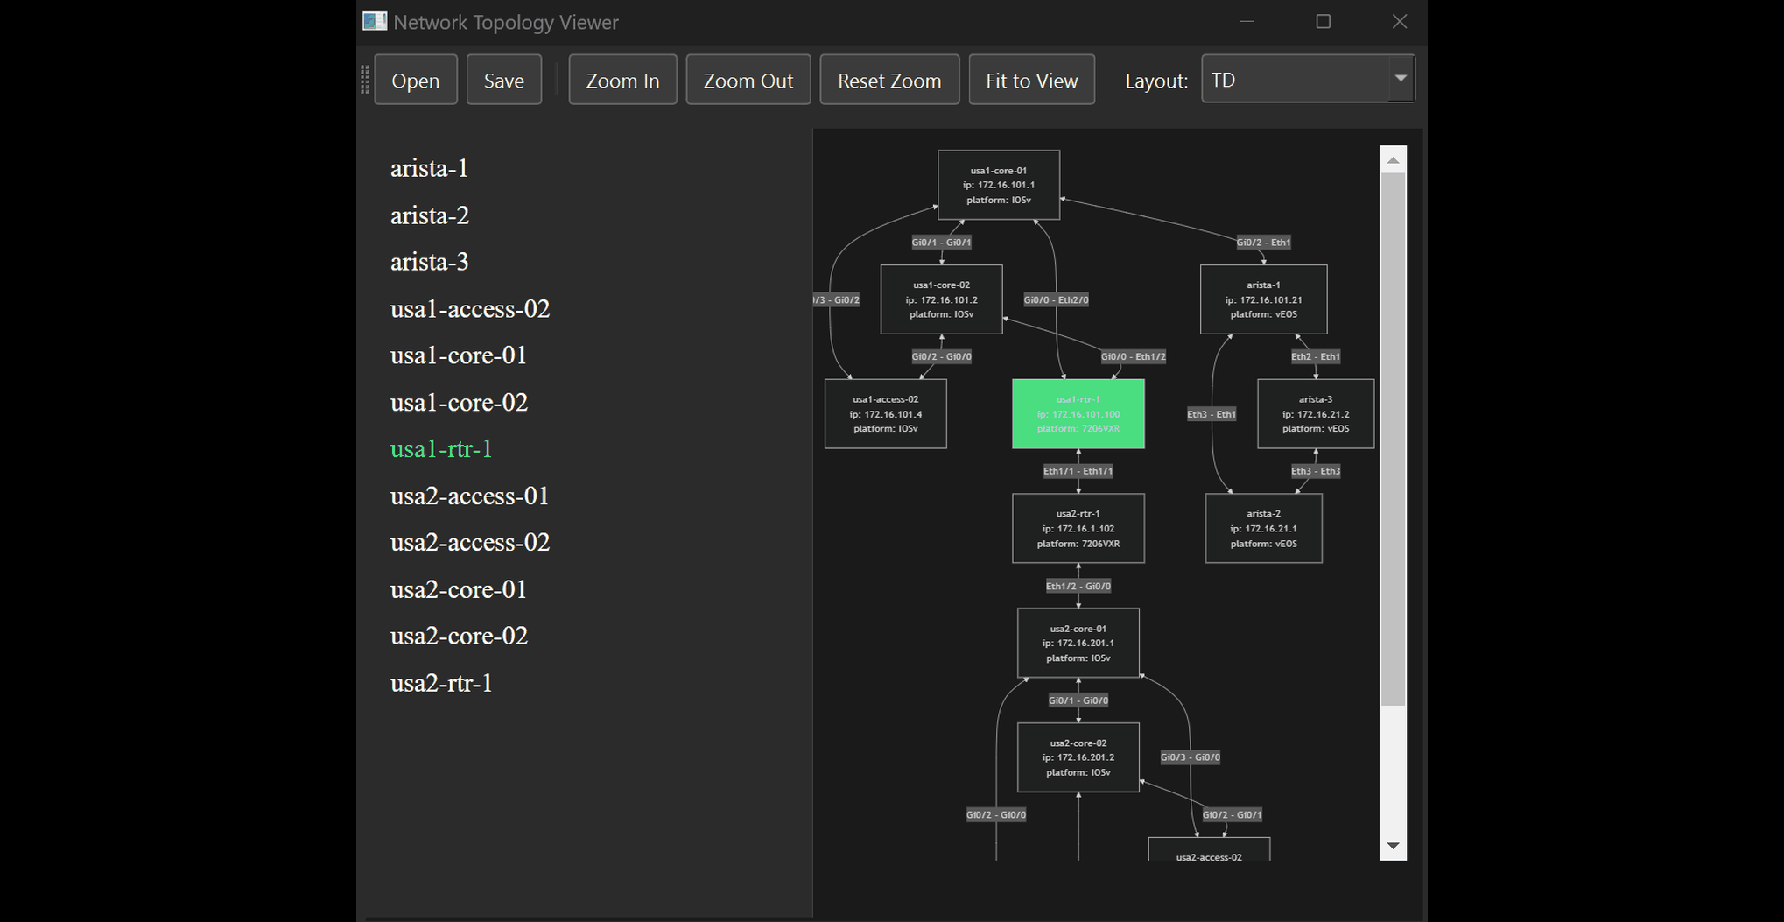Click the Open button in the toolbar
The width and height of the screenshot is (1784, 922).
[x=415, y=81]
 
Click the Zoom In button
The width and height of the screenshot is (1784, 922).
[x=622, y=81]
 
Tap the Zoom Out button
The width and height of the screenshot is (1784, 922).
[x=748, y=81]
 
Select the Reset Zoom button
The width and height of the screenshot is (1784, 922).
[x=888, y=81]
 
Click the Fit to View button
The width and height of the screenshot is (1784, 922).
[x=1031, y=81]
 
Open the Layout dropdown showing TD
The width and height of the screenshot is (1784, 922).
[x=1307, y=80]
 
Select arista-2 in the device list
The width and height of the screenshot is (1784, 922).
[x=430, y=215]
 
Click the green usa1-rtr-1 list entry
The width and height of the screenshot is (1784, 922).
[x=441, y=449]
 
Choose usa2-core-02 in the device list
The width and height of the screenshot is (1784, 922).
[x=459, y=636]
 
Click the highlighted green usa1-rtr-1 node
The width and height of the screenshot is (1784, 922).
[x=1078, y=414]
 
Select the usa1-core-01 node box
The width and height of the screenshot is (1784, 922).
[x=998, y=185]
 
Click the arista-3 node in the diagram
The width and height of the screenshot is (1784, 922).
[x=1315, y=414]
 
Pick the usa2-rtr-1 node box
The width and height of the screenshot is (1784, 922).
[x=1078, y=529]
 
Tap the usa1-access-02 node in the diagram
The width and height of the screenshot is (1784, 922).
[x=885, y=414]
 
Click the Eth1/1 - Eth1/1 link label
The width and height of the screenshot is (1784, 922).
[x=1078, y=471]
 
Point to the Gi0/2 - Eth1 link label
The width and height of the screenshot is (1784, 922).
[x=1262, y=243]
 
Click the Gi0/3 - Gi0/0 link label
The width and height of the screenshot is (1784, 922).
[x=1190, y=757]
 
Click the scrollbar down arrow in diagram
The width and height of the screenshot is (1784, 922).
[x=1393, y=846]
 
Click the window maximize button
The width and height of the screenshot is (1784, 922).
[x=1323, y=22]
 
